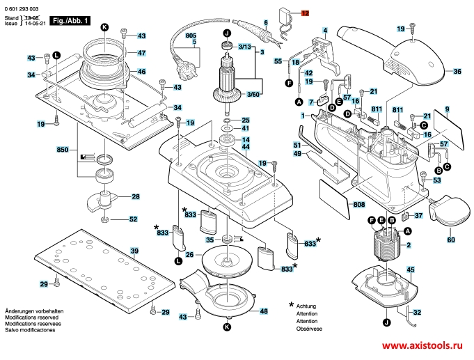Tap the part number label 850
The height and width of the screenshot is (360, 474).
[62, 150]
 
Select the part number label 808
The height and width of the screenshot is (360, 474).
[359, 204]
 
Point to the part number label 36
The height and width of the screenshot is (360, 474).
[457, 72]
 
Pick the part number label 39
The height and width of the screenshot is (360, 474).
[135, 251]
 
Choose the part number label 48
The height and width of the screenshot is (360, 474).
[264, 292]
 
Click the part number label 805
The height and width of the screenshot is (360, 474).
[191, 36]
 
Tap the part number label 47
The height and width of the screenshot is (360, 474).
[141, 53]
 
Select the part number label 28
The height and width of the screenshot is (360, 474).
[135, 196]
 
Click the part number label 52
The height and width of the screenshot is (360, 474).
[133, 220]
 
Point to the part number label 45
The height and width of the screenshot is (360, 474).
[411, 269]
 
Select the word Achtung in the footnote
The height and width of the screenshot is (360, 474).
[306, 306]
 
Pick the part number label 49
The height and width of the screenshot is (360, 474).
[297, 154]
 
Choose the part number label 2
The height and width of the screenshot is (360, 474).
[409, 245]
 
